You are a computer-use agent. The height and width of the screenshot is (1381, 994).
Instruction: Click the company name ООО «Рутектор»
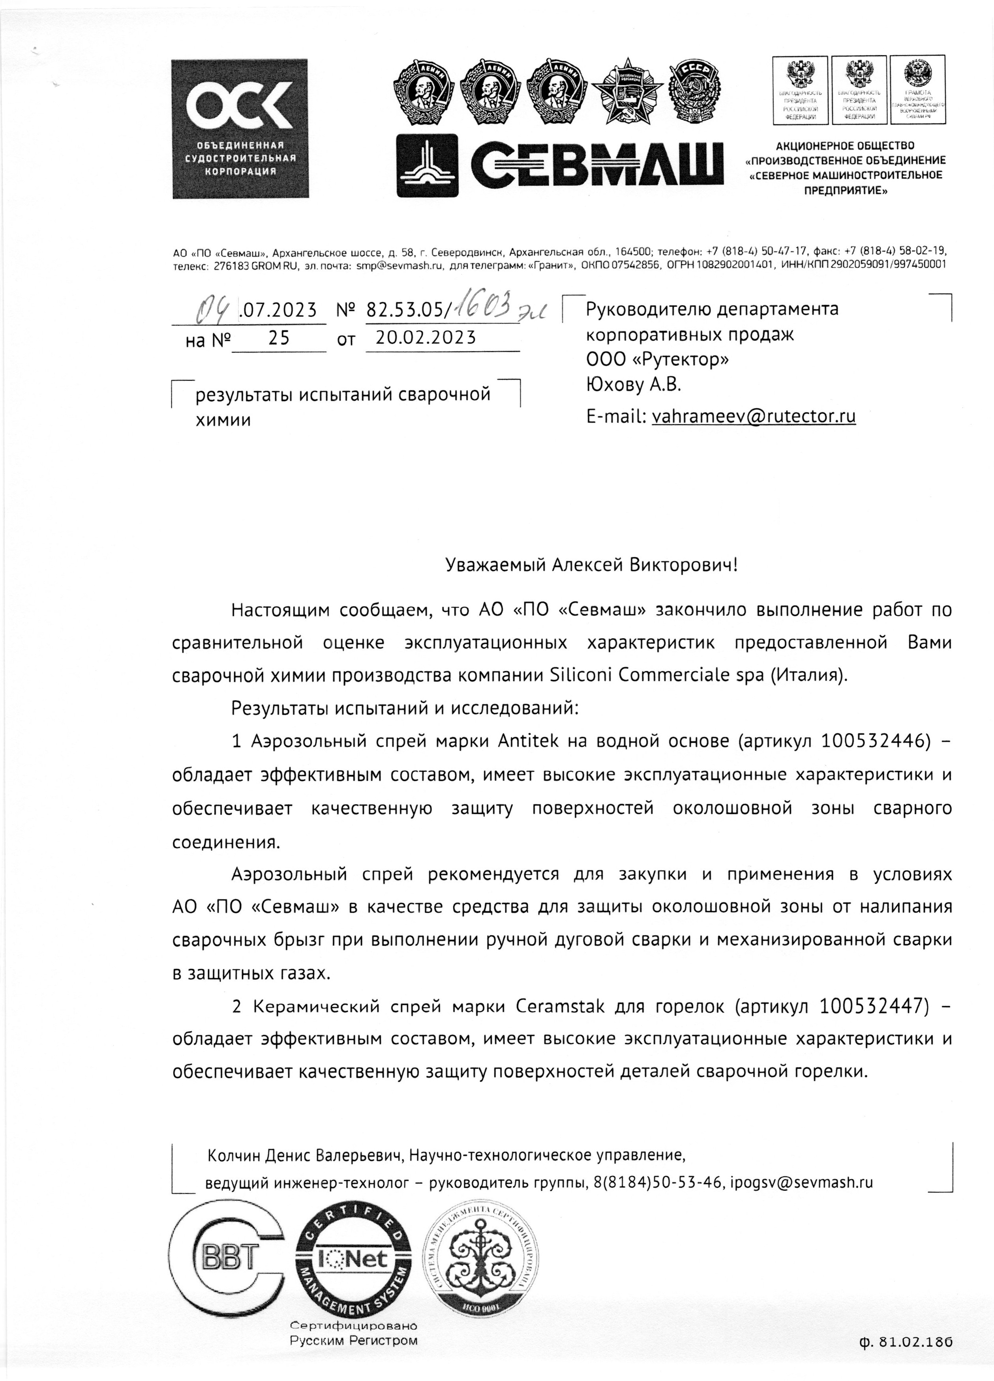657,359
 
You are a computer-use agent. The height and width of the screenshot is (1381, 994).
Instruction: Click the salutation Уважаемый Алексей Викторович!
591,565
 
